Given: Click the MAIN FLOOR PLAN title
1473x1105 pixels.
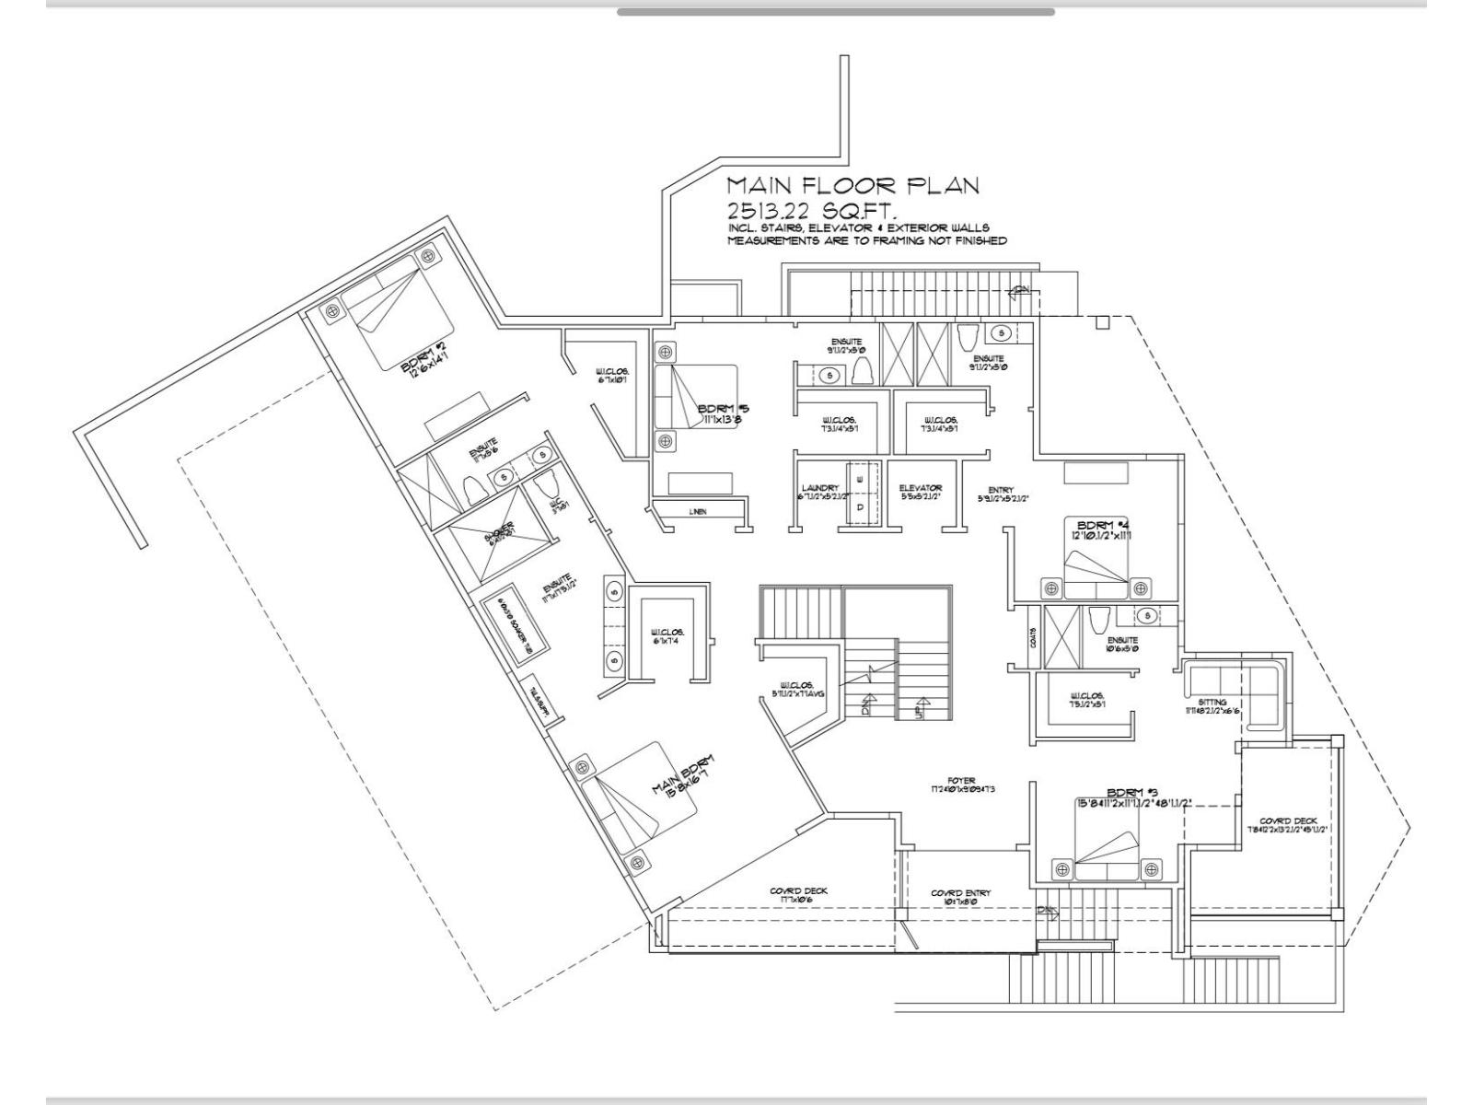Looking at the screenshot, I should (852, 185).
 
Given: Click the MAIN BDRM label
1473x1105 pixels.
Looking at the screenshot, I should (682, 776).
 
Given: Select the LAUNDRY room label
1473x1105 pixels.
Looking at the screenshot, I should (819, 488).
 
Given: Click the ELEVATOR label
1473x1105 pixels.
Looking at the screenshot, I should (920, 488).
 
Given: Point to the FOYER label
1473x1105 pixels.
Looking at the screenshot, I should (966, 780).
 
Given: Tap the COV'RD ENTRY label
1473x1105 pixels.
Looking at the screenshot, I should (960, 892).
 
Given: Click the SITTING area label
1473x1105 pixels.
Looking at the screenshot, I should (1212, 703).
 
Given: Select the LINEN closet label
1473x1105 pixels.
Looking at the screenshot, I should (697, 511).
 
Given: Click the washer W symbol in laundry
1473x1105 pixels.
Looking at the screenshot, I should (860, 480).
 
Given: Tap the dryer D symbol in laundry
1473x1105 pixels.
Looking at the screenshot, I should (860, 506).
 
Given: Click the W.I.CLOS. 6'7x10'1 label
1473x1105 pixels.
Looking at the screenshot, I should (611, 375).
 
